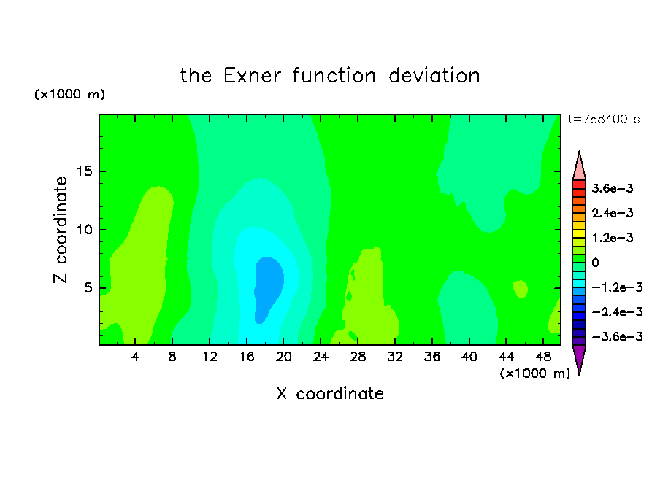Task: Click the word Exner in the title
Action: tap(252, 76)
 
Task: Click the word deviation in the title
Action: tap(434, 76)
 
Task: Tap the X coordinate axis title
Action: tap(330, 393)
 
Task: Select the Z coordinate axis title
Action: tap(61, 230)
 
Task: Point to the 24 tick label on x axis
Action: tap(321, 357)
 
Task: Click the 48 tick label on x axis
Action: tap(543, 357)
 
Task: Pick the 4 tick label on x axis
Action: tap(135, 357)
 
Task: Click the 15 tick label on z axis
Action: tap(84, 171)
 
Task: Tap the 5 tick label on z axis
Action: tap(88, 287)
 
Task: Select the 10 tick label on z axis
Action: tap(84, 230)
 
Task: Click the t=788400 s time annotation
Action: tap(604, 119)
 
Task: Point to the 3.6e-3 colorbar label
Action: tap(613, 188)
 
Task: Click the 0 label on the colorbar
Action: tap(595, 263)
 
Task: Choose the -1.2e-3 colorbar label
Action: tap(617, 287)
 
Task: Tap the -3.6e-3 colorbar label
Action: tap(617, 336)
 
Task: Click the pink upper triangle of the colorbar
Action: tap(579, 168)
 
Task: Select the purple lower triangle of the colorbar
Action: tap(579, 357)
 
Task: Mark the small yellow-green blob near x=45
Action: tap(521, 289)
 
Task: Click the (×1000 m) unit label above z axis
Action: tap(69, 94)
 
